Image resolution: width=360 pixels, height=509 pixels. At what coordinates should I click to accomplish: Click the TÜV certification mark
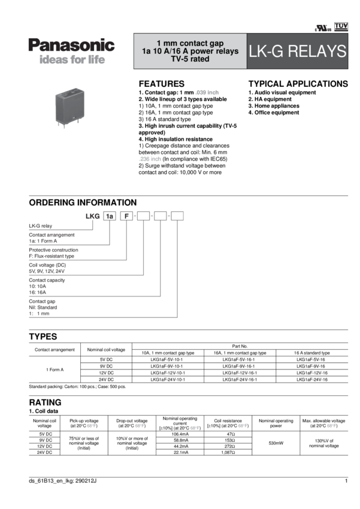(x=341, y=26)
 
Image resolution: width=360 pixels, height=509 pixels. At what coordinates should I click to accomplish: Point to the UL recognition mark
(x=322, y=28)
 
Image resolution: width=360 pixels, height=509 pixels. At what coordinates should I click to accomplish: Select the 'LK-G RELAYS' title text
(x=297, y=51)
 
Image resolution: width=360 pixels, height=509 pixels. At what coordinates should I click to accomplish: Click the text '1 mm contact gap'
(x=190, y=43)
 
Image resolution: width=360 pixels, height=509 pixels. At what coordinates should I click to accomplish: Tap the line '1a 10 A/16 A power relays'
(x=190, y=51)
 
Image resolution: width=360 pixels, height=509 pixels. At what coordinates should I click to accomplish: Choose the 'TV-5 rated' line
(x=190, y=60)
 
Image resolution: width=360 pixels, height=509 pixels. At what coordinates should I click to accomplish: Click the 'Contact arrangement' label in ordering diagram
(x=52, y=235)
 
